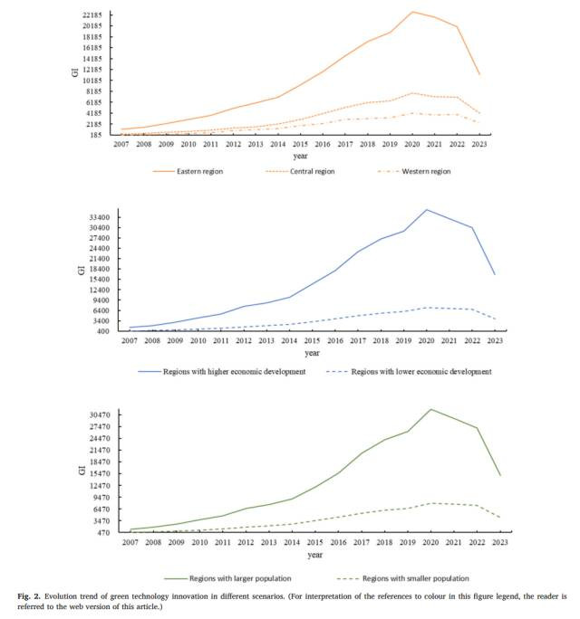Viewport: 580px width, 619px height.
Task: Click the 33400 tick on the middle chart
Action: coord(96,217)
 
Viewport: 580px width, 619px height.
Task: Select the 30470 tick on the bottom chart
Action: coord(96,414)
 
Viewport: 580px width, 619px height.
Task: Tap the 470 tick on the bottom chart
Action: coord(101,532)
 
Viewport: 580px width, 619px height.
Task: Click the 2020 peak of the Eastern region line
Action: coord(412,12)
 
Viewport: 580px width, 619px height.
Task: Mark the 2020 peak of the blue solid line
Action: coord(427,210)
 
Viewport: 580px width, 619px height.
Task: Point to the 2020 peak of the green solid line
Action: coord(431,409)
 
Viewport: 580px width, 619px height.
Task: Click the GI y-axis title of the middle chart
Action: coord(81,270)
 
